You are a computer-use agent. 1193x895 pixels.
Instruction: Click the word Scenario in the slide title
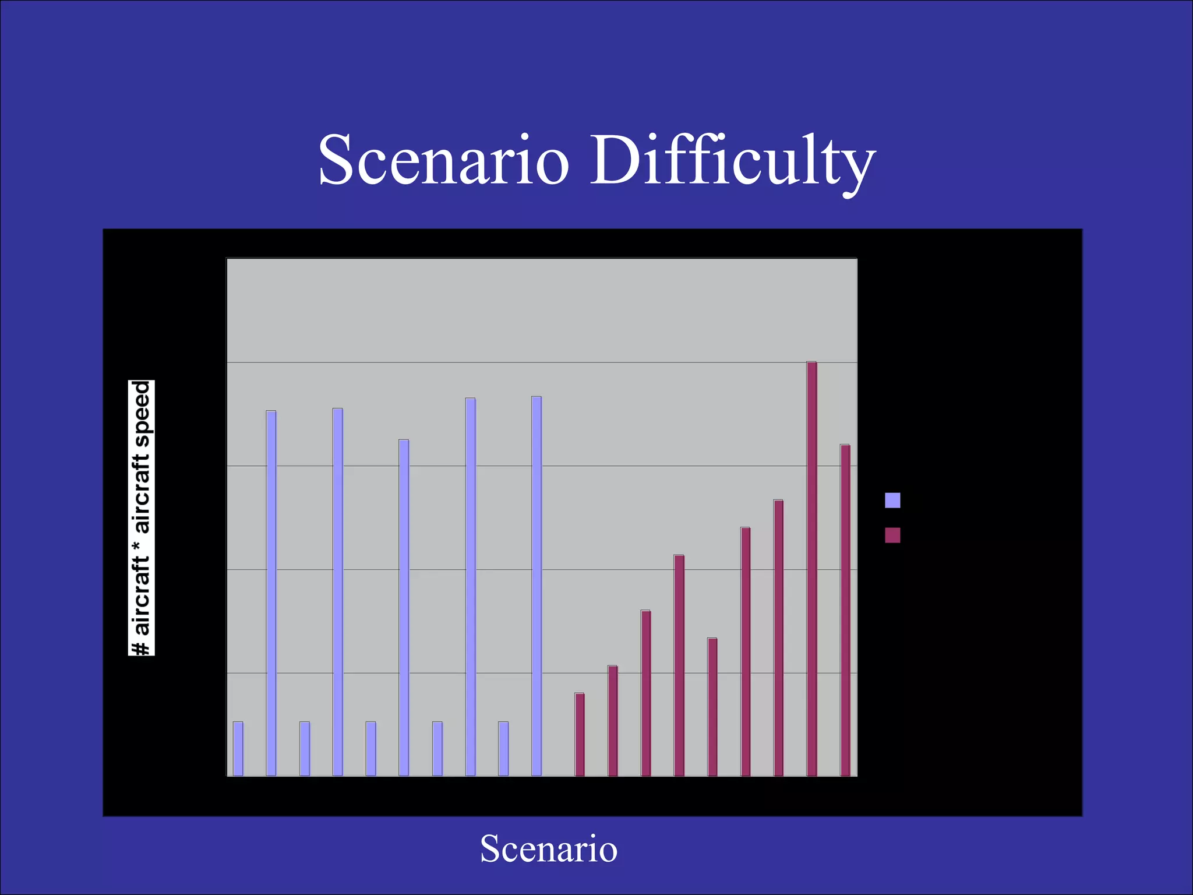click(x=443, y=160)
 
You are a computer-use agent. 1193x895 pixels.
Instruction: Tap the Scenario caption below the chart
click(x=548, y=848)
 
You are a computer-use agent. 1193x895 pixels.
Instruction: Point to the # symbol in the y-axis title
click(x=142, y=647)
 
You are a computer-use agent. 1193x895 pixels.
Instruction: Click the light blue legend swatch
click(x=892, y=500)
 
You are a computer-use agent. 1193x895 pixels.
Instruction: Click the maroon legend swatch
click(x=892, y=535)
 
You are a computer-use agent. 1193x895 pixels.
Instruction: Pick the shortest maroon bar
click(x=580, y=734)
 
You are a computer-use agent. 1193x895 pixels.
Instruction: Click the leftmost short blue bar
click(x=238, y=748)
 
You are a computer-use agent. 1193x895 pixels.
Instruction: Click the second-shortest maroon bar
click(x=613, y=720)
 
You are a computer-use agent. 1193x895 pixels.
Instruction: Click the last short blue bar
click(x=503, y=748)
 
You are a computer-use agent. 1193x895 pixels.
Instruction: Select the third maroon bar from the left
click(x=646, y=693)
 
